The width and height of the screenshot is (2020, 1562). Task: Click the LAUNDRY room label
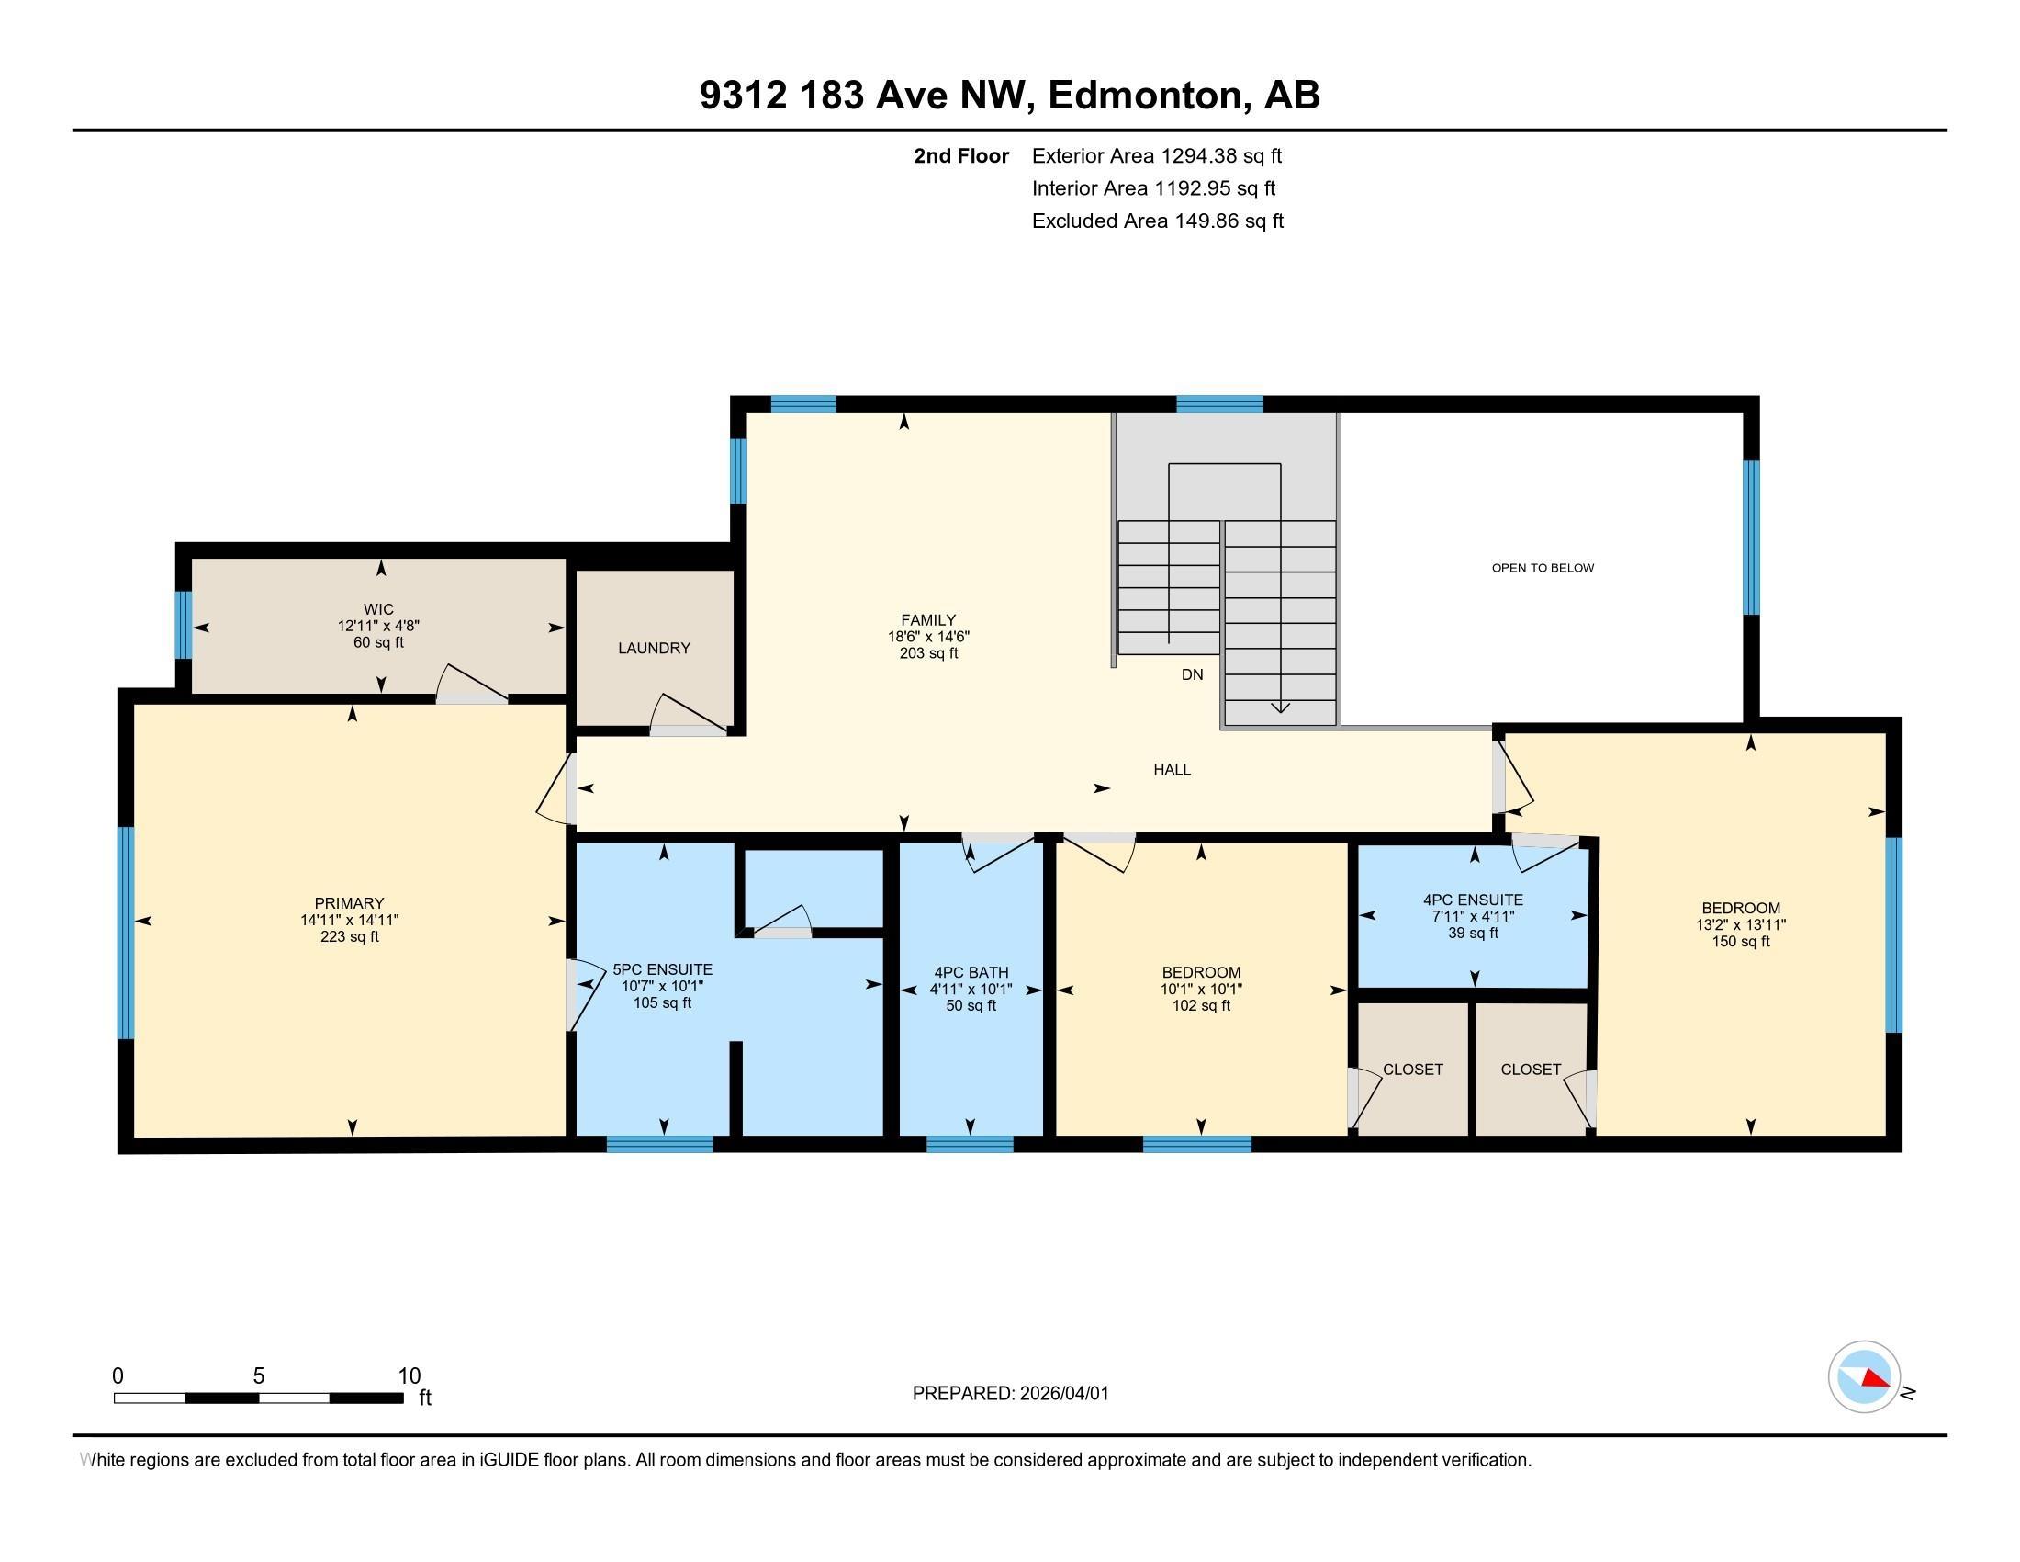coord(654,648)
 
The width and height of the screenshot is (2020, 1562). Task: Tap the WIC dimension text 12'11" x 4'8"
coord(378,626)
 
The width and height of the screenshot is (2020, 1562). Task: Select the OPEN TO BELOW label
coord(1542,568)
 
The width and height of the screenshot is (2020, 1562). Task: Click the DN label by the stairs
coord(1191,674)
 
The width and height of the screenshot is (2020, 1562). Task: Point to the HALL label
coord(1171,769)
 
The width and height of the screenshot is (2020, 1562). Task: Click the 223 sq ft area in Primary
coord(349,936)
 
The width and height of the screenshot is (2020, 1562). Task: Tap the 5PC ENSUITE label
coord(662,969)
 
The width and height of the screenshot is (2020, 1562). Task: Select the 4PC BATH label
coord(971,972)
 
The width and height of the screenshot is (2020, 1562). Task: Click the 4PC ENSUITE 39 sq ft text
coord(1473,933)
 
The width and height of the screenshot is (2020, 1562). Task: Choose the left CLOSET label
coord(1412,1069)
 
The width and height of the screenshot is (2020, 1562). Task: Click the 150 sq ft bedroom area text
coord(1740,941)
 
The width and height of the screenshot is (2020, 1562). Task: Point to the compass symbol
coord(1864,1377)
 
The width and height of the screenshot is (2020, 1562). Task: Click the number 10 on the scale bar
coord(409,1376)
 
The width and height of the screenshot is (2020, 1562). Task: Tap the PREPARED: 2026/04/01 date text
coord(1010,1394)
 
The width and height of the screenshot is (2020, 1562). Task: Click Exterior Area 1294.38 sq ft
coord(1156,155)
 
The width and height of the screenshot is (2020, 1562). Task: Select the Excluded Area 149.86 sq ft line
coord(1157,221)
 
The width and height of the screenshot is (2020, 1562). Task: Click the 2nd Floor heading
coord(960,155)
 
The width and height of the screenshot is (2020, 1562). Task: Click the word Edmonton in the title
coord(1143,96)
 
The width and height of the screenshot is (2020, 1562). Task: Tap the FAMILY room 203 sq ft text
coord(927,653)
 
